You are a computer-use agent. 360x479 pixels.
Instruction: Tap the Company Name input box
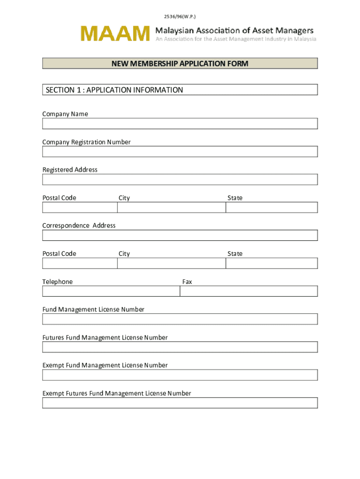coord(180,123)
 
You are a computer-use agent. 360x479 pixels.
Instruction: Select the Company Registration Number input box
coord(180,152)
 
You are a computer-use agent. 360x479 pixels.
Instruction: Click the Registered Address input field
coord(180,180)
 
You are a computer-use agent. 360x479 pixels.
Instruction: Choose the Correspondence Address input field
coord(180,235)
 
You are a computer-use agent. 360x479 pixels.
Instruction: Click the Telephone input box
coord(111,291)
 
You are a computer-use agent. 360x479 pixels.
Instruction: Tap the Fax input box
coord(249,291)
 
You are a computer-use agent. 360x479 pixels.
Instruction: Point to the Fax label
coord(187,282)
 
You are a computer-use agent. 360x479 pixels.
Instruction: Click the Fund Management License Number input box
coord(180,319)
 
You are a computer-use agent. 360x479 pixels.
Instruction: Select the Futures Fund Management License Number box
coord(180,347)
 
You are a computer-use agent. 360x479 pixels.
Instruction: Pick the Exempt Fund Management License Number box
coord(180,375)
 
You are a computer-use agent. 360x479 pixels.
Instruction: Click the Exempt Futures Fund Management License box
coord(180,403)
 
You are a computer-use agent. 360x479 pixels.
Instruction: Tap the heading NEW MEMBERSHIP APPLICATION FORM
coord(180,64)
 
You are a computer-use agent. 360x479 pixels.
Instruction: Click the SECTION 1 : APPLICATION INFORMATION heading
coord(115,90)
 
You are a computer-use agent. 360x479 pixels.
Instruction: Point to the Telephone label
coord(58,282)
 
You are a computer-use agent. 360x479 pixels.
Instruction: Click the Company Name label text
coord(65,114)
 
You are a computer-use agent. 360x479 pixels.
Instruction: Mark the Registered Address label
coord(70,170)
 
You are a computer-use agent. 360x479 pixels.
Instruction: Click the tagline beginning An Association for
coord(236,39)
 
